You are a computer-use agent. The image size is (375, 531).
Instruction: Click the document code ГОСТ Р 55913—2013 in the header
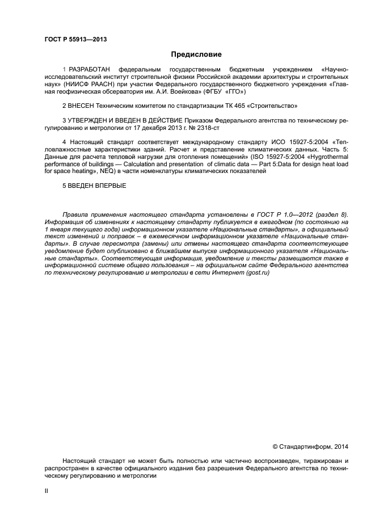click(75, 39)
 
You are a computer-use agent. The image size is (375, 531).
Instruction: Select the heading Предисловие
click(196, 55)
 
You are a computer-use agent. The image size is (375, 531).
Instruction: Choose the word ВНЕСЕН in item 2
click(82, 106)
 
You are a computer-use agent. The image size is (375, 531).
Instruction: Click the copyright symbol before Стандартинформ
click(276, 448)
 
